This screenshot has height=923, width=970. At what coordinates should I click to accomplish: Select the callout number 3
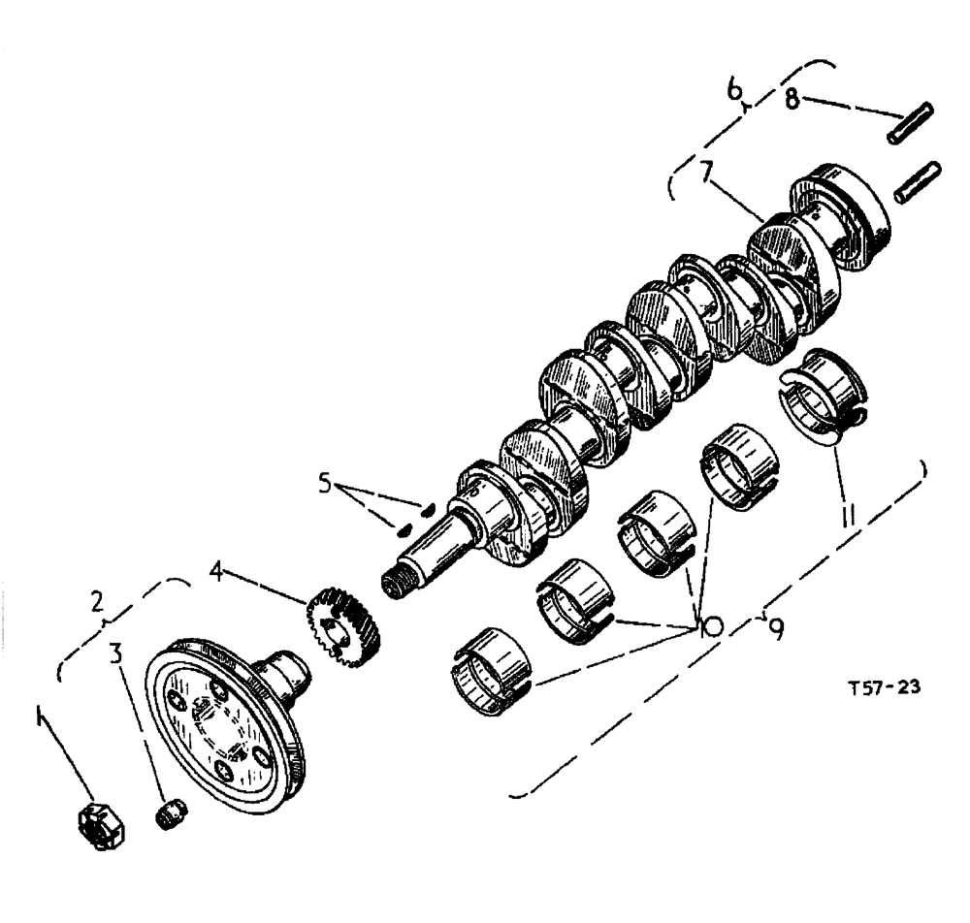(x=116, y=653)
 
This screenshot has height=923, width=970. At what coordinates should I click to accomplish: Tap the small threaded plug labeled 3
(x=171, y=811)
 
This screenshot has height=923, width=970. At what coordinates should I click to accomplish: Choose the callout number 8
(x=793, y=98)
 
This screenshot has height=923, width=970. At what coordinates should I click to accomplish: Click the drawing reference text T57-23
(x=884, y=687)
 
